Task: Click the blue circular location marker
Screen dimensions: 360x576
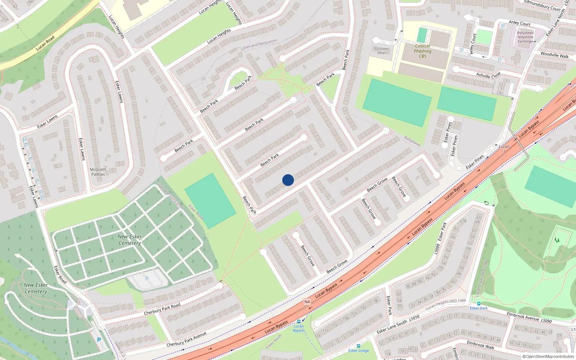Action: pos(288,180)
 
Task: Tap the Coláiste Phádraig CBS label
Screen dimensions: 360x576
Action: pos(423,51)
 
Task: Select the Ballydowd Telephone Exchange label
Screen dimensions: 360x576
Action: pos(525,37)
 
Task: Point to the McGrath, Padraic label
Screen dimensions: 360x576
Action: pos(98,172)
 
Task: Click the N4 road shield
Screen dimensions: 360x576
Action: pos(307,302)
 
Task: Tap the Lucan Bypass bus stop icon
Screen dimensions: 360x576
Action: pos(298,321)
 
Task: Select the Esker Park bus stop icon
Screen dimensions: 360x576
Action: pos(478,303)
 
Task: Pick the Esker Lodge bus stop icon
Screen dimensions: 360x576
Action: pos(358,346)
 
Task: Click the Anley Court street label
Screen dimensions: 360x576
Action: pos(519,23)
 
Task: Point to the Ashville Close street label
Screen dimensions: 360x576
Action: pos(488,75)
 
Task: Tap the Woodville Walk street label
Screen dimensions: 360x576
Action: pos(554,55)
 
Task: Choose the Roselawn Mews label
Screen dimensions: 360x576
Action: pos(382,51)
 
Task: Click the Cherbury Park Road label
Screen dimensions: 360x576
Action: pos(162,309)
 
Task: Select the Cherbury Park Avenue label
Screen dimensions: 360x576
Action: pos(186,339)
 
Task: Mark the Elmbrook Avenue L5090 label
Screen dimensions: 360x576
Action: pos(529,318)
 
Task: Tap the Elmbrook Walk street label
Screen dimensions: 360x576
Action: pos(480,345)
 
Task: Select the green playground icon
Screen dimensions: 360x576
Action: pos(557,240)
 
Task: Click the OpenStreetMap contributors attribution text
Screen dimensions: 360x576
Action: pos(548,357)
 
